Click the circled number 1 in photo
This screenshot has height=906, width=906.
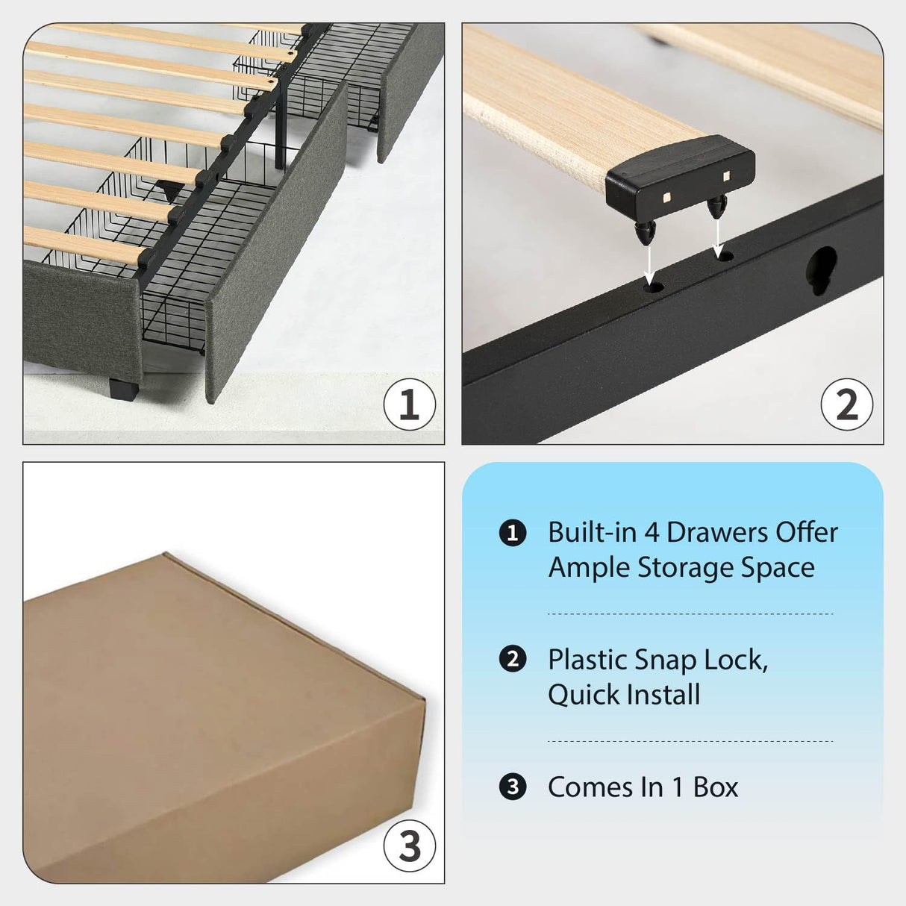click(409, 404)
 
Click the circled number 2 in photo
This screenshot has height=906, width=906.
click(846, 404)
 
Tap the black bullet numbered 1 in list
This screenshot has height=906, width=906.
click(512, 533)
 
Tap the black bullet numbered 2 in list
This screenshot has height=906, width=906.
click(512, 660)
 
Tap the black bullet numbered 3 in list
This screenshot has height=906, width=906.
click(512, 787)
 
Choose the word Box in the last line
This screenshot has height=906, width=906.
click(715, 787)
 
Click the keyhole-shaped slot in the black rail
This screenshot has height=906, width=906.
click(822, 269)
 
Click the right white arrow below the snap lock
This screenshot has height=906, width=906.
click(717, 234)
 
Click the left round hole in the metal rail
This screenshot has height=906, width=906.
click(654, 286)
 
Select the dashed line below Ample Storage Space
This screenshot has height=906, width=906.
click(690, 614)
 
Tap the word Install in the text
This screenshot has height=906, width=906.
click(663, 696)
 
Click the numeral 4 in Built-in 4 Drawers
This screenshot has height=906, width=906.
click(652, 533)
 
